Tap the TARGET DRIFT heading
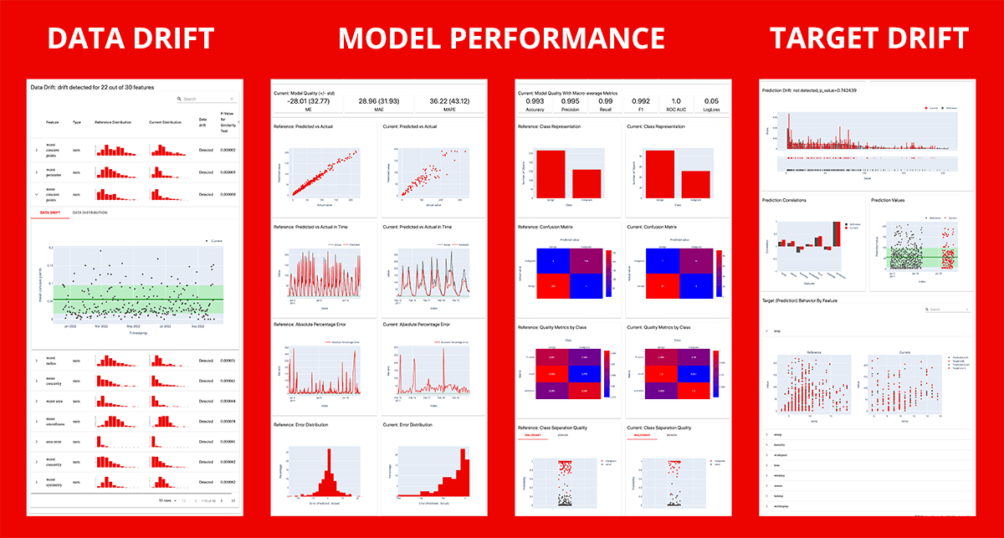click(868, 39)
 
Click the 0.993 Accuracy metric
click(535, 101)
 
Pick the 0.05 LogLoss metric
click(711, 101)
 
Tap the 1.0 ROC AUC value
click(676, 101)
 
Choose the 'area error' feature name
click(54, 441)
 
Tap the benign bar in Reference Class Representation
click(551, 173)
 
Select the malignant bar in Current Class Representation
click(696, 183)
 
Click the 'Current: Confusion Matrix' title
click(658, 227)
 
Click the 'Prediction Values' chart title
click(894, 200)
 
